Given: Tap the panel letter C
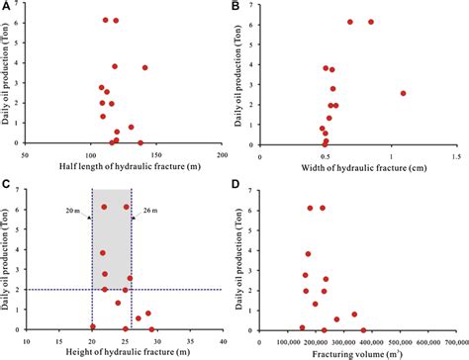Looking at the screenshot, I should pos(7,184).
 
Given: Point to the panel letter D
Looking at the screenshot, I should pos(241,184).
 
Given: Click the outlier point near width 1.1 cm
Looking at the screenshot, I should pos(403,93).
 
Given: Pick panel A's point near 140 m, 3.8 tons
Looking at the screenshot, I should pos(144,67).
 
